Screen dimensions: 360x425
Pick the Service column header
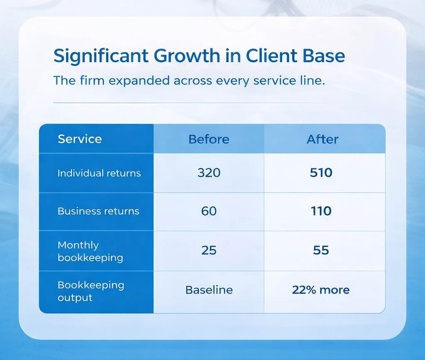pyautogui.click(x=80, y=139)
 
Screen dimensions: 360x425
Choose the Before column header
pyautogui.click(x=209, y=139)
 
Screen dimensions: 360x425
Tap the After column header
pyautogui.click(x=322, y=139)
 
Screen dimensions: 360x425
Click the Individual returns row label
pyautogui.click(x=99, y=173)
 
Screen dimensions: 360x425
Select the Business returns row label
pyautogui.click(x=98, y=211)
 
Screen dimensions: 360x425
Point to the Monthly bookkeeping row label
pyautogui.click(x=90, y=251)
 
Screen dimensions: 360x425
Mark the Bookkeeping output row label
pyautogui.click(x=91, y=292)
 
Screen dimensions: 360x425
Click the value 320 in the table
pyautogui.click(x=209, y=173)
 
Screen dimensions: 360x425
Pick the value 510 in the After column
pyautogui.click(x=321, y=173)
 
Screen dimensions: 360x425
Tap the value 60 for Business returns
pyautogui.click(x=209, y=211)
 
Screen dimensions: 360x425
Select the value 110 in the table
pyautogui.click(x=321, y=211)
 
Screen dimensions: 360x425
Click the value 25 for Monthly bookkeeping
pyautogui.click(x=209, y=251)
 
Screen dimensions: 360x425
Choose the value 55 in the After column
pyautogui.click(x=322, y=251)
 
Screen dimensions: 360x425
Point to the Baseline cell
pyautogui.click(x=209, y=290)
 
